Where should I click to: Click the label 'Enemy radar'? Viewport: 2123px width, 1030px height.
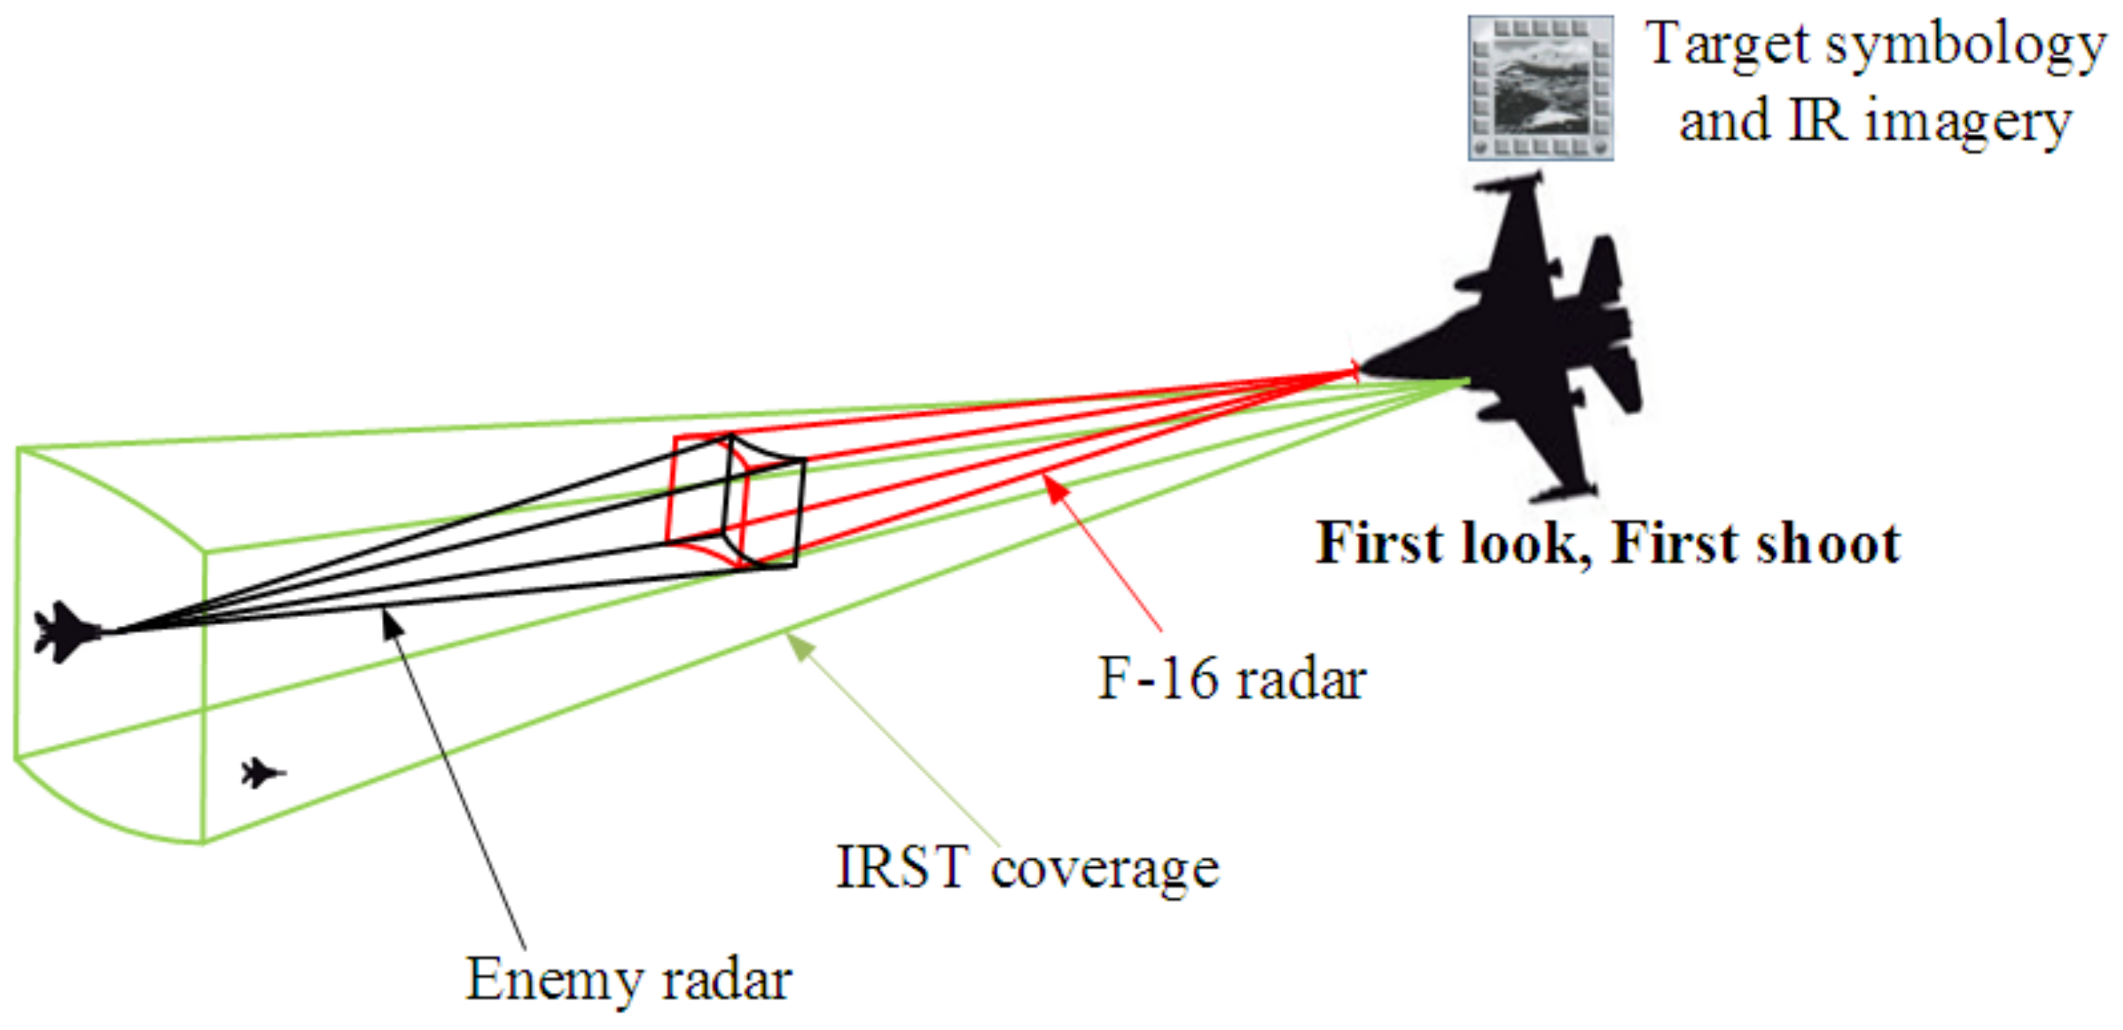tap(628, 979)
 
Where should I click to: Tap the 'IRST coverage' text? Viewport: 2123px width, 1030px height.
tap(1027, 868)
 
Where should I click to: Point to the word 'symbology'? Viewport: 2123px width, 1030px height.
tap(1966, 45)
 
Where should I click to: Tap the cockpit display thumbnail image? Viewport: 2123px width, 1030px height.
tap(1540, 87)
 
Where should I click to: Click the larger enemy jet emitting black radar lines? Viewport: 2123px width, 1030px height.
tap(66, 632)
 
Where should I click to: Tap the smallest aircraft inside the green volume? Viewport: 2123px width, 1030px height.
tap(262, 773)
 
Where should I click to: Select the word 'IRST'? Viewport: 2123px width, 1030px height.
tap(902, 868)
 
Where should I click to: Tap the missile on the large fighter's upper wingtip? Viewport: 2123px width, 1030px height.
tap(1508, 182)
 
